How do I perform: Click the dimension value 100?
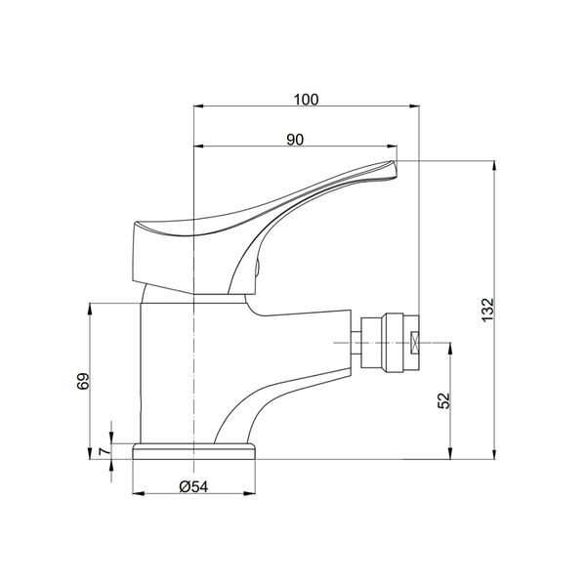tap(306, 100)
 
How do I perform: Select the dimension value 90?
tap(295, 140)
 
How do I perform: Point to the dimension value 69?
tap(83, 381)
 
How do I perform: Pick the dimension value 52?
tap(444, 400)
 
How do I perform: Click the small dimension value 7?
tap(105, 451)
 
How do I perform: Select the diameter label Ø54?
tap(193, 486)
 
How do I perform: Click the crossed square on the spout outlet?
tap(414, 343)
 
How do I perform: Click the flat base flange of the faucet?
tap(194, 451)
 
